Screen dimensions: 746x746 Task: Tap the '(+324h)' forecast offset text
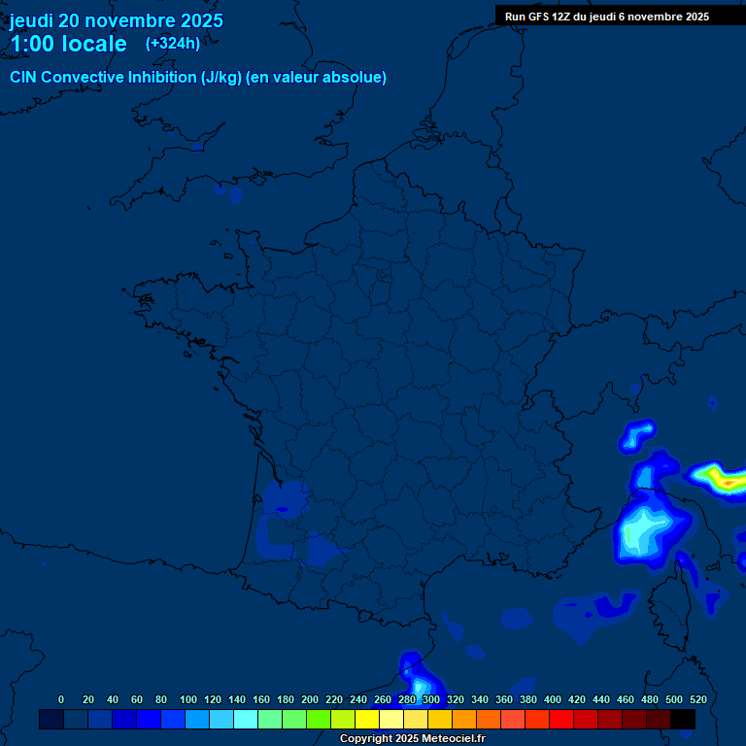point(173,43)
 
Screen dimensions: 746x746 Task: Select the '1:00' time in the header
point(29,44)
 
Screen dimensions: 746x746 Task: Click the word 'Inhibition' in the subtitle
point(159,78)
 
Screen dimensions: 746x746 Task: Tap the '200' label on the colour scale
point(310,699)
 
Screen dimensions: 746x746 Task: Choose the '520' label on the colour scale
point(697,699)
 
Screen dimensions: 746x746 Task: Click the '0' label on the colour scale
point(61,699)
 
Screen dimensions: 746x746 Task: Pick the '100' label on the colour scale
point(188,699)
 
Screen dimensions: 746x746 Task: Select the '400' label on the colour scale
point(553,699)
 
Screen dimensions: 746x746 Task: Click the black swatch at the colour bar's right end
point(683,719)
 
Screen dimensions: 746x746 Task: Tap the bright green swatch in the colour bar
point(319,719)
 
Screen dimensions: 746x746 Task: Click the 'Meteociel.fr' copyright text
point(454,739)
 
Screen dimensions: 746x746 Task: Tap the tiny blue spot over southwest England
point(196,148)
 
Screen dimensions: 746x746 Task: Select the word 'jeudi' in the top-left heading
point(31,20)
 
